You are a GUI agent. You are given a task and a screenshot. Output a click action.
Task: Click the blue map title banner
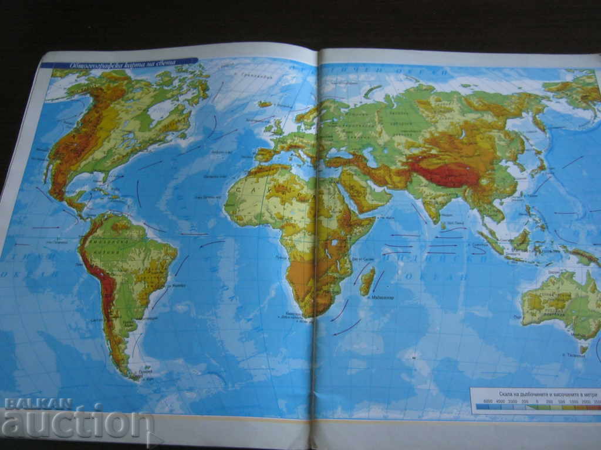[x=117, y=63]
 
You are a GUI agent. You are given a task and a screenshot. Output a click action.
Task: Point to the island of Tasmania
[x=583, y=348]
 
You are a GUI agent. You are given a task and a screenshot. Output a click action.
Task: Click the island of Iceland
[x=265, y=104]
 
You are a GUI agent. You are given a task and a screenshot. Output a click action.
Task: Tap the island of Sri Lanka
[x=444, y=226]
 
